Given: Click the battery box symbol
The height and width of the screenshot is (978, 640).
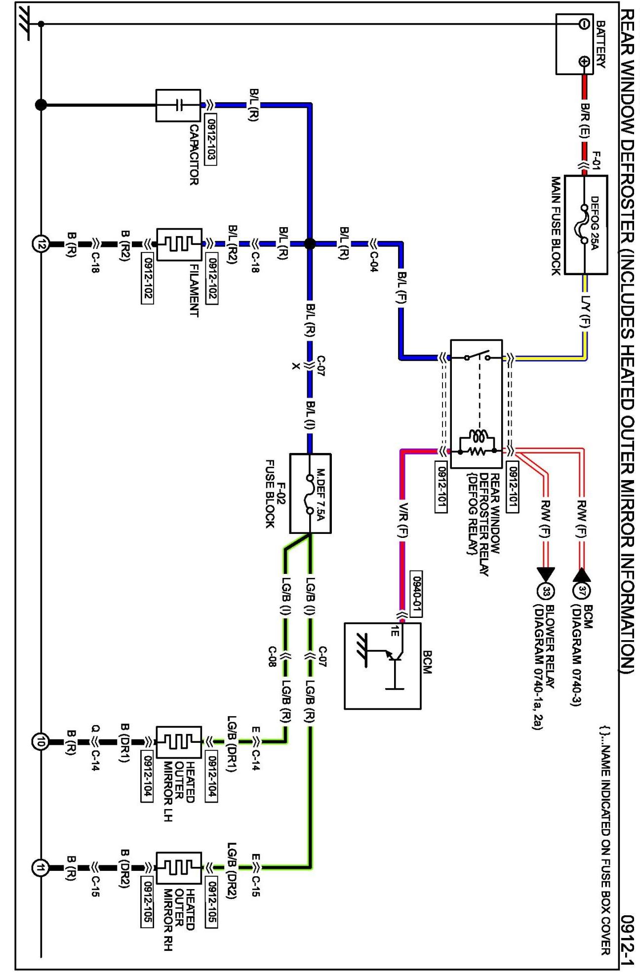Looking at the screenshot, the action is (574, 44).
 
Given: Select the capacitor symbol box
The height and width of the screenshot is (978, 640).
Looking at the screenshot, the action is (178, 105).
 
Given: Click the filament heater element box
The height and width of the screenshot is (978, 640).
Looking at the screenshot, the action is (179, 244).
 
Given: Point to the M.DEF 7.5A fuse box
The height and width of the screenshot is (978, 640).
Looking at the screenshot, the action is (310, 493).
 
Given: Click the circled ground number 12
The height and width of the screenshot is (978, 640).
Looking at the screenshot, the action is (41, 244).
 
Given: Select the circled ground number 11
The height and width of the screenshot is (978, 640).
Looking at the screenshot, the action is (41, 867).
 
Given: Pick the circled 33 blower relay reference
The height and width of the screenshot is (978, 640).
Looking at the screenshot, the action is (546, 591).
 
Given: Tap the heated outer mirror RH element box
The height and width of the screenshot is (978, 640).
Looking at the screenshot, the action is (179, 868).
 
